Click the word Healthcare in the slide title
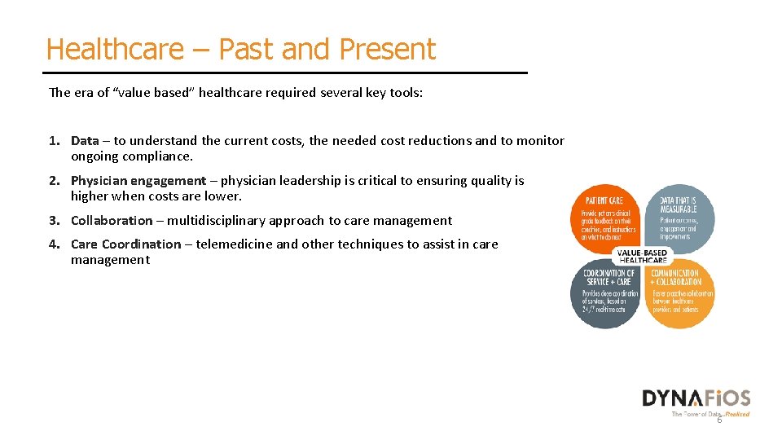pyautogui.click(x=115, y=49)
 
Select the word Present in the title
pyautogui.click(x=388, y=49)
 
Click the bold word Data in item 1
pyautogui.click(x=84, y=141)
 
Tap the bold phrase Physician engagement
pyautogui.click(x=138, y=181)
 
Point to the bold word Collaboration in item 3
pyautogui.click(x=111, y=220)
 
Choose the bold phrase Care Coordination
pyautogui.click(x=125, y=244)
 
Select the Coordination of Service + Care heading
pyautogui.click(x=608, y=278)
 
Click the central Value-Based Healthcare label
pyautogui.click(x=643, y=256)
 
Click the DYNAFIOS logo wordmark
pyautogui.click(x=696, y=398)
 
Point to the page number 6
pyautogui.click(x=718, y=420)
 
